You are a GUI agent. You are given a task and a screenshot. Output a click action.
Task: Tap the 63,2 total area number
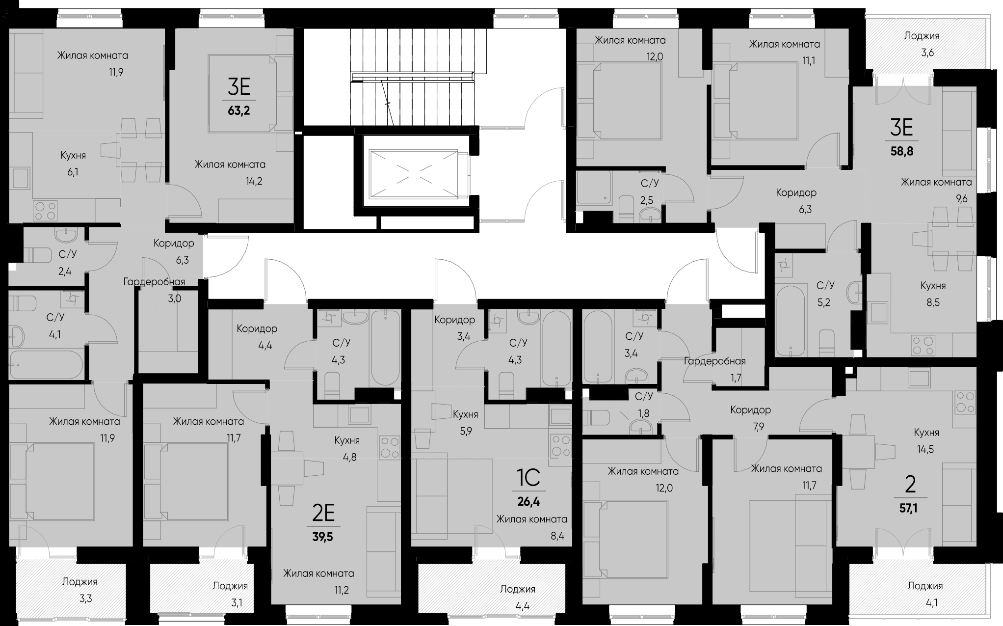coord(238,110)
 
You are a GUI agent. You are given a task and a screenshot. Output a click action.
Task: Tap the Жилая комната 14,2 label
coord(230,172)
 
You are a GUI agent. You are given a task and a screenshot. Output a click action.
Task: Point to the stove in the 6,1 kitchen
coord(45,211)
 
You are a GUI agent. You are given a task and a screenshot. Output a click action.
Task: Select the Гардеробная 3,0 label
coord(155,290)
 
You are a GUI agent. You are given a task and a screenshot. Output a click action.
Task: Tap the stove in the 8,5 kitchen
coord(922,345)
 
